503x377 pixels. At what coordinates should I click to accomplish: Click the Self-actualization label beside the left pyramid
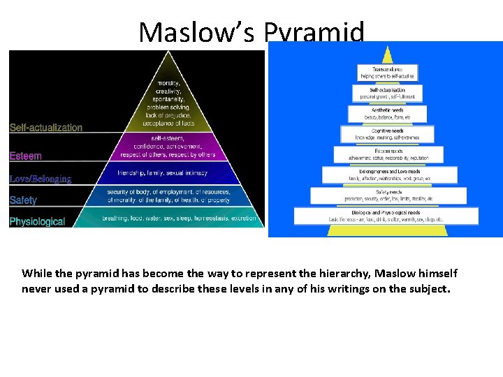45,128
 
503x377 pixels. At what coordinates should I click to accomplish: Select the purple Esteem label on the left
25,156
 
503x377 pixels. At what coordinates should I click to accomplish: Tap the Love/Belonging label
41,179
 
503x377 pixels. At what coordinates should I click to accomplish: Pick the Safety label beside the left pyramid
23,200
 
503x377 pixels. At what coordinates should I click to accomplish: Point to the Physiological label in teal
37,222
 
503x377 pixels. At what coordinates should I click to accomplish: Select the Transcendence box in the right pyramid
387,73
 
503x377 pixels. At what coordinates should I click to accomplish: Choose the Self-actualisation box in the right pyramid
387,93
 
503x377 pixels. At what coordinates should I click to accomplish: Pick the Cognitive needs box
387,134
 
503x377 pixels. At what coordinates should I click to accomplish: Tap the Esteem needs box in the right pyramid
387,155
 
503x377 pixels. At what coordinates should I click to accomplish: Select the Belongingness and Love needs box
387,175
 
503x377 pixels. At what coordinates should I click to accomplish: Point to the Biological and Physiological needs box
386,216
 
